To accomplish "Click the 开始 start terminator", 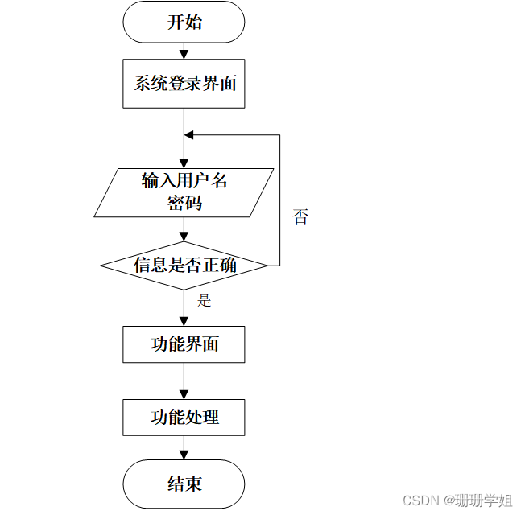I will [184, 22].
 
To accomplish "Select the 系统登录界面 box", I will [184, 84].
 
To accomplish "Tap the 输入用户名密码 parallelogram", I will [184, 192].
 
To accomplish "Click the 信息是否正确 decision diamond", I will [184, 265].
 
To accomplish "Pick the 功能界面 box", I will [184, 344].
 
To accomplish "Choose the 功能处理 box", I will [184, 417].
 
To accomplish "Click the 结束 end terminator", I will [184, 484].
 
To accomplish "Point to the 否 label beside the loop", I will [300, 216].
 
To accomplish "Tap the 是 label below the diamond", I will [205, 301].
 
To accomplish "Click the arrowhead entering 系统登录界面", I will [184, 55].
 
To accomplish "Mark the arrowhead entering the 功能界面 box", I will [184, 321].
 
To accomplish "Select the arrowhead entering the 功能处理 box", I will [184, 394].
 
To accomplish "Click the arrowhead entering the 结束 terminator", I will [184, 455].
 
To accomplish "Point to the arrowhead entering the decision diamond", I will [184, 237].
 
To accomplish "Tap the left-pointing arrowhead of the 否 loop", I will [189, 134].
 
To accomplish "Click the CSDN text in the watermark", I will [419, 501].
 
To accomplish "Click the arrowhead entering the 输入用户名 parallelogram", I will [184, 163].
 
